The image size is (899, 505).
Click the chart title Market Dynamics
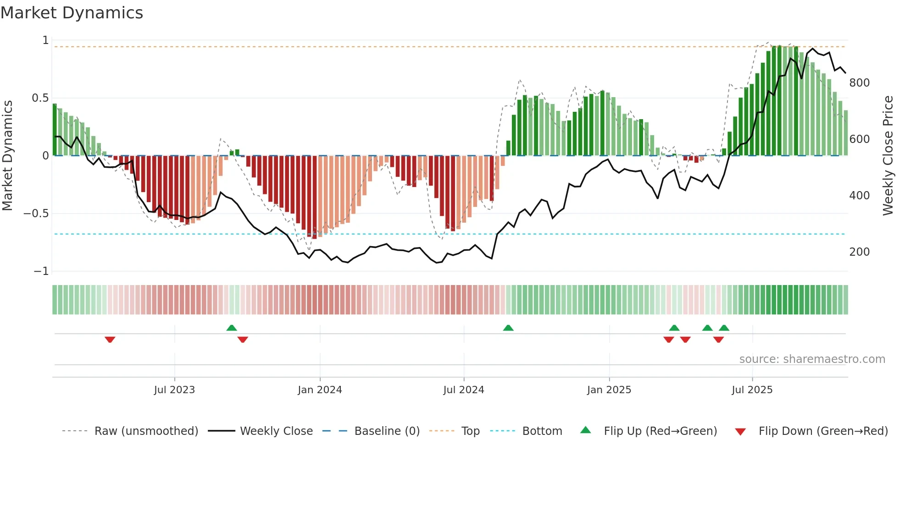point(72,13)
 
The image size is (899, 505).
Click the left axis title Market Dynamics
point(8,155)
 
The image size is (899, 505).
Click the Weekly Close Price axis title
point(888,155)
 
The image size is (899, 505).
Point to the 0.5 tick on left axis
point(40,98)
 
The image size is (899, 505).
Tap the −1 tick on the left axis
point(41,271)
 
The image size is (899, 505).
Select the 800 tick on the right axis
point(859,83)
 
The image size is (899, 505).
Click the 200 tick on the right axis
point(859,252)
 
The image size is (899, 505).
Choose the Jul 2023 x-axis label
point(174,390)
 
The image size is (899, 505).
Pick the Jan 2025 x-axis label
point(609,390)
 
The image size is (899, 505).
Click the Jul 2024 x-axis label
point(464,390)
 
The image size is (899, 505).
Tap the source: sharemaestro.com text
point(812,359)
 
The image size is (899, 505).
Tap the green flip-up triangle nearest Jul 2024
point(508,328)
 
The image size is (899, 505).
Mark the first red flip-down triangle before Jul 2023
point(110,339)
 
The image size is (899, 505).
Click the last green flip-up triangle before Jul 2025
point(724,328)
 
